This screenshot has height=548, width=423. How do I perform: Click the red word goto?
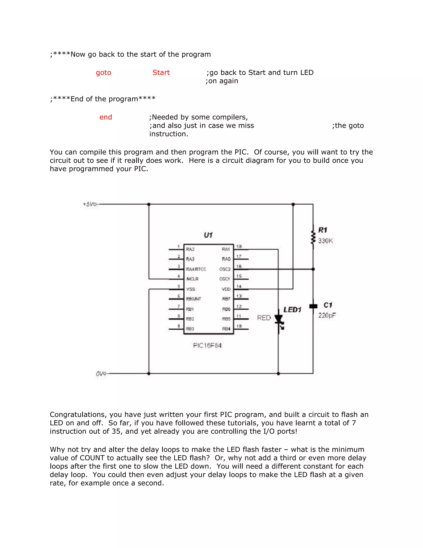(x=103, y=73)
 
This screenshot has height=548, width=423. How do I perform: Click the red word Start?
(x=161, y=73)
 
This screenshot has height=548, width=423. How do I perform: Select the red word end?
(x=106, y=117)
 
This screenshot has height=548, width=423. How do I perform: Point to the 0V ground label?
(x=101, y=374)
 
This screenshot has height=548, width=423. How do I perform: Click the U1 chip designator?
(x=208, y=235)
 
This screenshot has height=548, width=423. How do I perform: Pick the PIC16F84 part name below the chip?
(x=207, y=346)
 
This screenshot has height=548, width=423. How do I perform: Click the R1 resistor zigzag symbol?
(x=313, y=237)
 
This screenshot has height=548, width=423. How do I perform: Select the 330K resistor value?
(x=325, y=241)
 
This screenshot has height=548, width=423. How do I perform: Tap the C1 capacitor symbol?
(x=313, y=306)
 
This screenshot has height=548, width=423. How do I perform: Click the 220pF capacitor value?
(x=327, y=315)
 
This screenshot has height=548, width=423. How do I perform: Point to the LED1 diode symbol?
(x=279, y=320)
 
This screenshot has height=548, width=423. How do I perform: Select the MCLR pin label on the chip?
(x=192, y=279)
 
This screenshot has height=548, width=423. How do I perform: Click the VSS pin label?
(x=190, y=289)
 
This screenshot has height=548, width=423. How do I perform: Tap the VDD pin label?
(x=226, y=289)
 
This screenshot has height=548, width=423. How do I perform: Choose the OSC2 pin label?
(x=225, y=269)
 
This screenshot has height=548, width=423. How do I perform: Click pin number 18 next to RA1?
(x=239, y=246)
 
